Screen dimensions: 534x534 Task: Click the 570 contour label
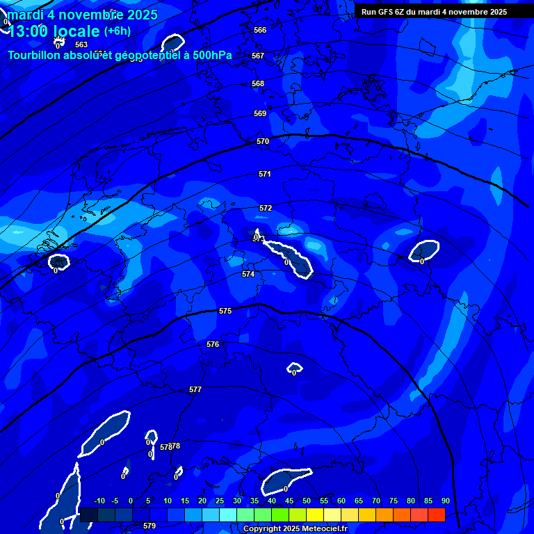(263, 141)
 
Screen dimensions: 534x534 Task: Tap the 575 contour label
(225, 311)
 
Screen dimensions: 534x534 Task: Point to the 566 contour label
(260, 30)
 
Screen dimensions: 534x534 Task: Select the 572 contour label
(266, 208)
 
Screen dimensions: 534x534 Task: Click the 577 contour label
(195, 390)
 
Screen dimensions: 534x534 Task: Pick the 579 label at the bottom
(149, 526)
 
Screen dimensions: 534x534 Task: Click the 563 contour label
(81, 44)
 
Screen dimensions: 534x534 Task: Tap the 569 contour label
(260, 113)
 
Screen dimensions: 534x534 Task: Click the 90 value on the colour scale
(445, 501)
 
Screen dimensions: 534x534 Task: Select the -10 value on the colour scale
(99, 501)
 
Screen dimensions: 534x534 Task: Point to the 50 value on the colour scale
(307, 501)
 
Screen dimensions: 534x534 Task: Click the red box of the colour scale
(436, 515)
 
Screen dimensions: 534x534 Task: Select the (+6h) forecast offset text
(117, 31)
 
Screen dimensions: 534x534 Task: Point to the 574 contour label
(248, 275)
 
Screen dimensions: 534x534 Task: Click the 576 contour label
(213, 344)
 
